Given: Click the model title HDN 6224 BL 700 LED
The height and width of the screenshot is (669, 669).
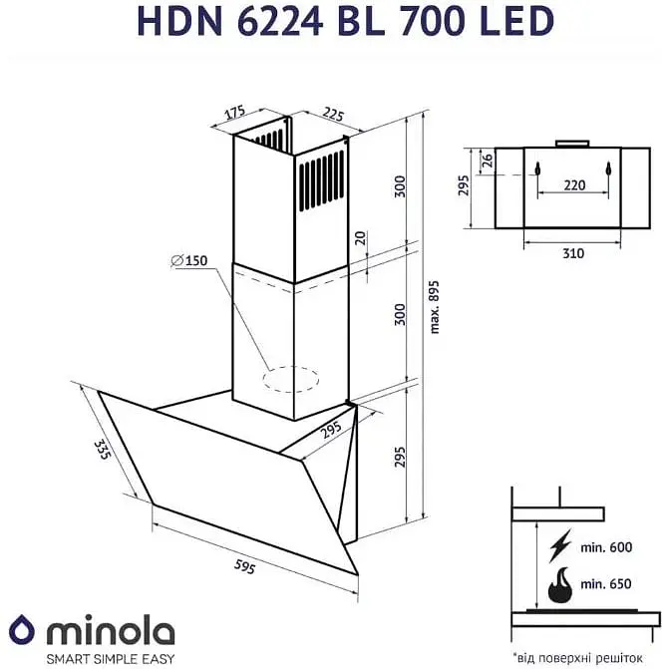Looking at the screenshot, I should click(x=334, y=21).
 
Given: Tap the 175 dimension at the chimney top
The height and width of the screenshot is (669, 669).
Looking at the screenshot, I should click(x=234, y=112).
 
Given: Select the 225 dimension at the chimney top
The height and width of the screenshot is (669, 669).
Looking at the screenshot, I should click(x=334, y=115).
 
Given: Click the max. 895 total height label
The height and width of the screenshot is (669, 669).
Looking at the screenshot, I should click(x=432, y=302).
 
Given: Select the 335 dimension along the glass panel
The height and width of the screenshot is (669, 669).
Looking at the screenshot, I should click(x=102, y=455).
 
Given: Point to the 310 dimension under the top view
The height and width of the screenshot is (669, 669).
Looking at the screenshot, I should click(x=572, y=253).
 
